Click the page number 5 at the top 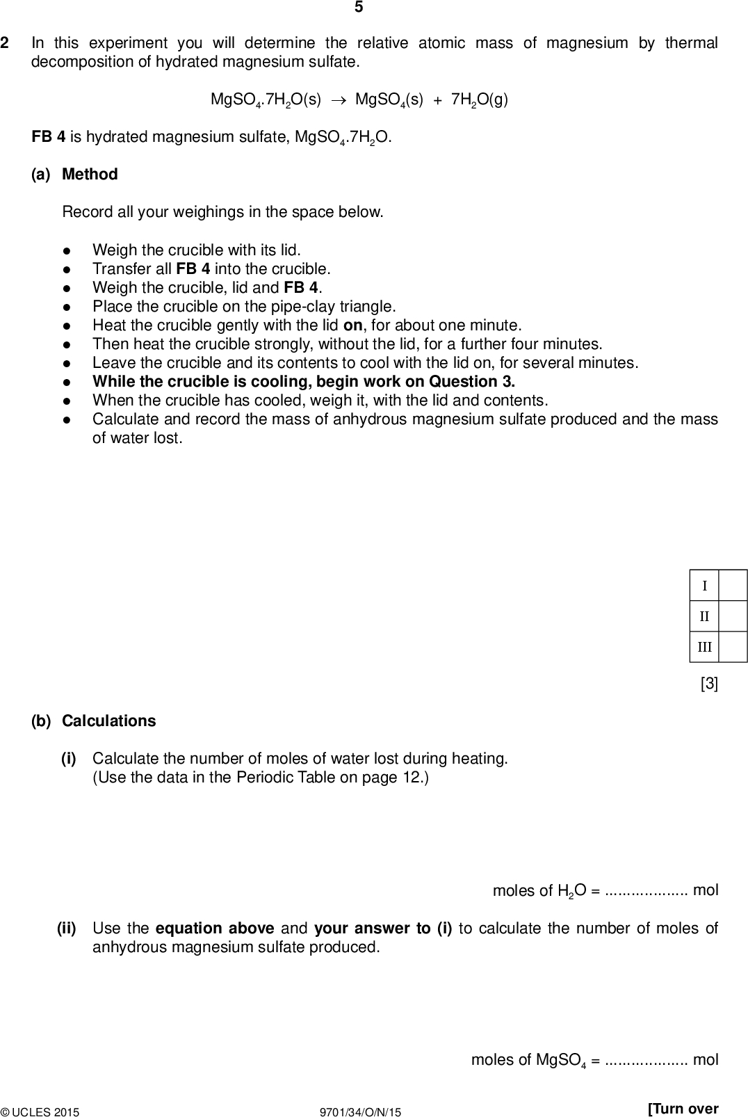[359, 8]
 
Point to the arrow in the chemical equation [338, 99]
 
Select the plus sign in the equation [437, 99]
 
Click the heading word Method [90, 175]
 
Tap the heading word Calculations [108, 721]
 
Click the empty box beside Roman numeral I [733, 585]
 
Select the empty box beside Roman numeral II [733, 616]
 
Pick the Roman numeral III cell [704, 647]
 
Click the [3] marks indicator [709, 684]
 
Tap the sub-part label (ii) [67, 929]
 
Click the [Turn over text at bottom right [682, 1109]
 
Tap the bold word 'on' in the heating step [353, 326]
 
